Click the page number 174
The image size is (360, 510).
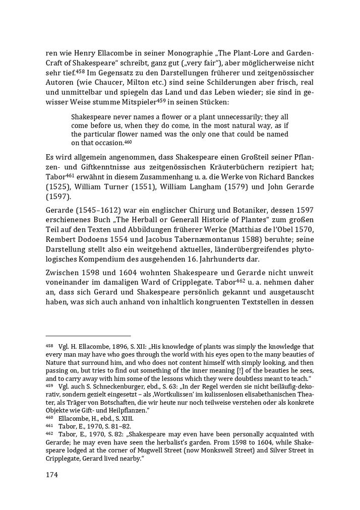point(52,475)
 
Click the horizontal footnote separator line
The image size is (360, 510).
point(88,335)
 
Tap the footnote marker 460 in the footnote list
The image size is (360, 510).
point(49,418)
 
